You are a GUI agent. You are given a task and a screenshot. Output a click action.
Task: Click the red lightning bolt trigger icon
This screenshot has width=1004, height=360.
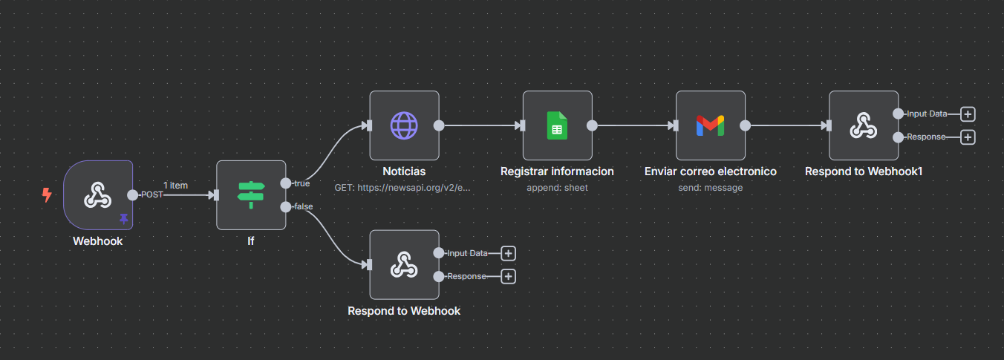[x=47, y=195]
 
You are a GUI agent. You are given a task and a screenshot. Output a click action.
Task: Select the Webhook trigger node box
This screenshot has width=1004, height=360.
[x=98, y=195]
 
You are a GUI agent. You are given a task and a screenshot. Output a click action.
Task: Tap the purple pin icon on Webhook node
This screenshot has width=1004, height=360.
[x=123, y=219]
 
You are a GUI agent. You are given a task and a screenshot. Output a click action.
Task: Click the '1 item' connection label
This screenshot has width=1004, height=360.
[x=175, y=186]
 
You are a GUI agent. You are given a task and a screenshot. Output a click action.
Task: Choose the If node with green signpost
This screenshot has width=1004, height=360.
[x=251, y=195]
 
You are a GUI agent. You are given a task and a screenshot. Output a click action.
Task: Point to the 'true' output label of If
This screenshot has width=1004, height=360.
[x=301, y=183]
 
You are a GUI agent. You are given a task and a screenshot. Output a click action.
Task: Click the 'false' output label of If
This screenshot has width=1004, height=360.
[x=303, y=206]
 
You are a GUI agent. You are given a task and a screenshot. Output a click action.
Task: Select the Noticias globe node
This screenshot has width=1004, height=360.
[x=404, y=125]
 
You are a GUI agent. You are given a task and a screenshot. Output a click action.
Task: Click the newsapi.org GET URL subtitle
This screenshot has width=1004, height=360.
[x=402, y=188]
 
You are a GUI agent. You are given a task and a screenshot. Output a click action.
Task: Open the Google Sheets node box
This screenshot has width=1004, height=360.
[x=557, y=125]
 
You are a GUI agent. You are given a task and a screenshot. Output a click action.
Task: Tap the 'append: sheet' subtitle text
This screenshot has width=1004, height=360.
[x=557, y=188]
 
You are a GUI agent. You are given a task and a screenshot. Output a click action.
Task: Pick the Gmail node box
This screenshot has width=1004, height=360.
[x=710, y=125]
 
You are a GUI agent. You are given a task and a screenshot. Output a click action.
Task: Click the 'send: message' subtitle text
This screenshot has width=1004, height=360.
[x=710, y=188]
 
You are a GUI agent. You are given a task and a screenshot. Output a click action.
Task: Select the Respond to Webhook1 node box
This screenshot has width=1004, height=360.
[x=863, y=125]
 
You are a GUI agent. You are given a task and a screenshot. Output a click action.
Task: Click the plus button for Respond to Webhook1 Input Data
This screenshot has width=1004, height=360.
[x=968, y=114]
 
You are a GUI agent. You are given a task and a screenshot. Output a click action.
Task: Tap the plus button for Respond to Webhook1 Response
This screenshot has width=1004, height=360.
[x=968, y=137]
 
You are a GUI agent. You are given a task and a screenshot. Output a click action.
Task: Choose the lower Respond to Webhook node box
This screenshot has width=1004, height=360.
[x=404, y=264]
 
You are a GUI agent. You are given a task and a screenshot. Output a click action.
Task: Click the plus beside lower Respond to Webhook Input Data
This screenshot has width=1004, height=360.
[x=508, y=253]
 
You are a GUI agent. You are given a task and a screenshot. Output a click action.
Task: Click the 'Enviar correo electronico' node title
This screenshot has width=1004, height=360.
[x=710, y=171]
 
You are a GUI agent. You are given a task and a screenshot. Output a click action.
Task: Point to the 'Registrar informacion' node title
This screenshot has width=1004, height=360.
[x=557, y=171]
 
